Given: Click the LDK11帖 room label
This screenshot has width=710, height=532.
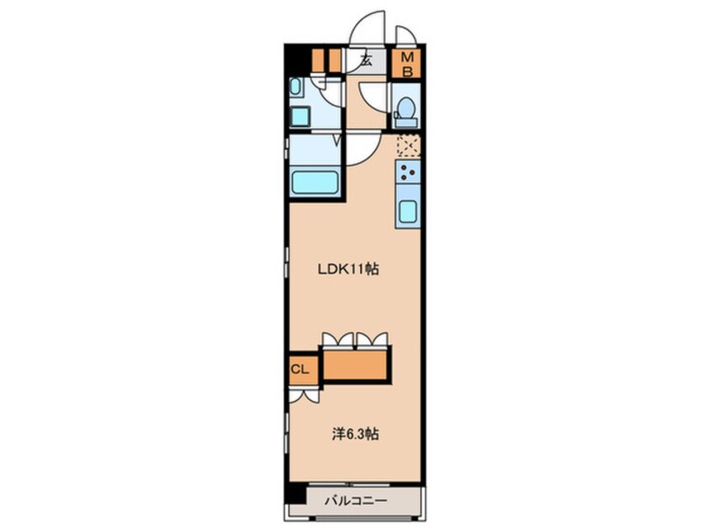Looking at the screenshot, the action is [348, 269].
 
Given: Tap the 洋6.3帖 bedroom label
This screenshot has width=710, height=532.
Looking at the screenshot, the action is [356, 434].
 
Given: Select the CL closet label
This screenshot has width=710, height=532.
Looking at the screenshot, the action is [300, 369].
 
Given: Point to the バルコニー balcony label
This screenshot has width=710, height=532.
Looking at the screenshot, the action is [356, 501].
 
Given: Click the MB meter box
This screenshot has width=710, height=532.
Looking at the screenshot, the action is [408, 64].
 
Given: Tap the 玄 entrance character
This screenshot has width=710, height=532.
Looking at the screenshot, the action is [366, 60].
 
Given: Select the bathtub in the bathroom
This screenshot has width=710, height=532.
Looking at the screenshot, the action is [316, 182].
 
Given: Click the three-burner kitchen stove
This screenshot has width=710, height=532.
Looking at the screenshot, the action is [408, 172].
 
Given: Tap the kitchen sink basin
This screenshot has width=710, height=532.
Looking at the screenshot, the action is [408, 211].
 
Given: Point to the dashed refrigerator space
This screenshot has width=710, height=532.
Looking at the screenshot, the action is [409, 146].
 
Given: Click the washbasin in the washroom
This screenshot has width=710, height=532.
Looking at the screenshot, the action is [295, 87].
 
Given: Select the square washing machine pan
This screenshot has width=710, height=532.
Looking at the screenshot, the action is [300, 117].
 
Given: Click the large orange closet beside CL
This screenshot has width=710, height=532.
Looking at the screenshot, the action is [356, 365].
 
